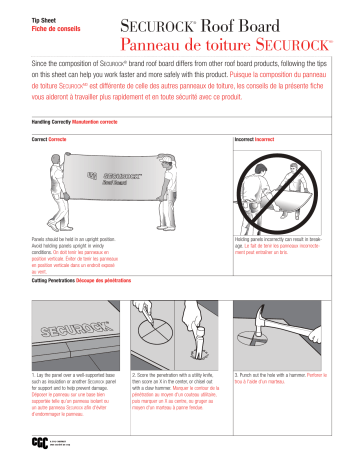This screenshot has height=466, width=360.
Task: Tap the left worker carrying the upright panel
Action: point(54,190)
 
